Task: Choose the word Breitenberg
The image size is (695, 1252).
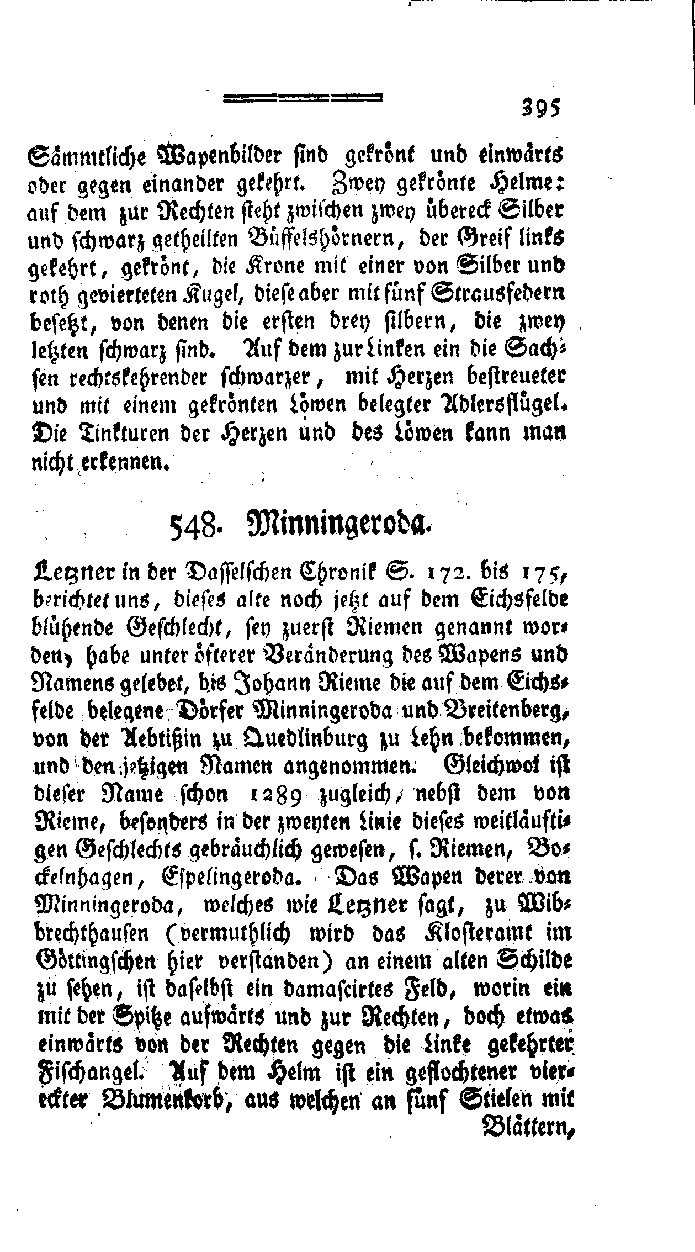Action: (502, 711)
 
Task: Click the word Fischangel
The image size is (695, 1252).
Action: (86, 1073)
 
